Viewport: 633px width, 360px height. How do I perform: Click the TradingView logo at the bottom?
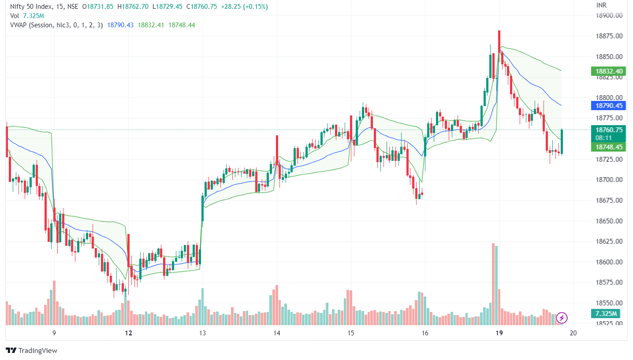(32, 351)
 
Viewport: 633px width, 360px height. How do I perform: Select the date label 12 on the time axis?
(128, 334)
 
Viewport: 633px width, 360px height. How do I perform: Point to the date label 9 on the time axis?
(54, 334)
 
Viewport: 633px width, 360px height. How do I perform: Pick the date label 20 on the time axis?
(573, 334)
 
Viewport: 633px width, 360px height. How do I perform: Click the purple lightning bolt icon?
(562, 317)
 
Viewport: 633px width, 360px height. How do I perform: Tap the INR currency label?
(601, 5)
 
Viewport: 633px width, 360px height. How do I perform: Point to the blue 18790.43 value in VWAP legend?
(120, 25)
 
